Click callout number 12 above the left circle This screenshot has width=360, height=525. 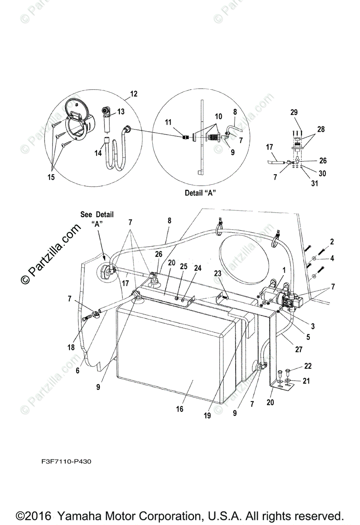(x=134, y=94)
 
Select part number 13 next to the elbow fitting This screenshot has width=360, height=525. (x=121, y=112)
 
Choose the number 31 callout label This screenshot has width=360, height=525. (x=315, y=183)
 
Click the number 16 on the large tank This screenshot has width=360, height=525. (x=179, y=409)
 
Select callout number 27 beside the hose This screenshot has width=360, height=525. (x=299, y=350)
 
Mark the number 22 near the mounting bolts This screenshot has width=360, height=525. (x=308, y=366)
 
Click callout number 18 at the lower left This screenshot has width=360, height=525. (x=71, y=347)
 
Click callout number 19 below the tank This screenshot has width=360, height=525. (x=207, y=415)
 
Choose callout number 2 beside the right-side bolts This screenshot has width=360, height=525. (x=332, y=241)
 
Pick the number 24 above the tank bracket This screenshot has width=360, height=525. (x=198, y=268)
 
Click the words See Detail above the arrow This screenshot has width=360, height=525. (x=97, y=214)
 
